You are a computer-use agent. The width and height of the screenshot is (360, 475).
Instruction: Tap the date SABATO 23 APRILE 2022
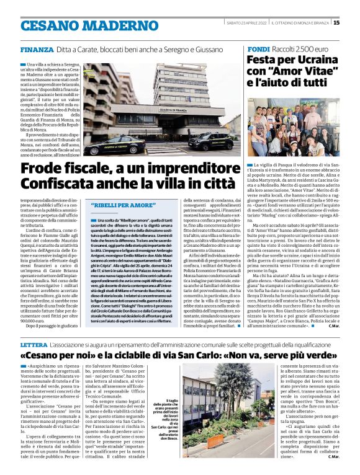click(246, 23)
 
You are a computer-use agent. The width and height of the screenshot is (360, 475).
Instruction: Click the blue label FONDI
click(258, 48)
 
